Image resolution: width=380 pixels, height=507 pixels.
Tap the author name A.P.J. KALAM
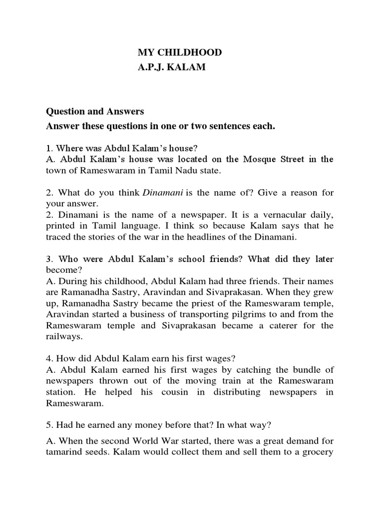pos(171,68)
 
